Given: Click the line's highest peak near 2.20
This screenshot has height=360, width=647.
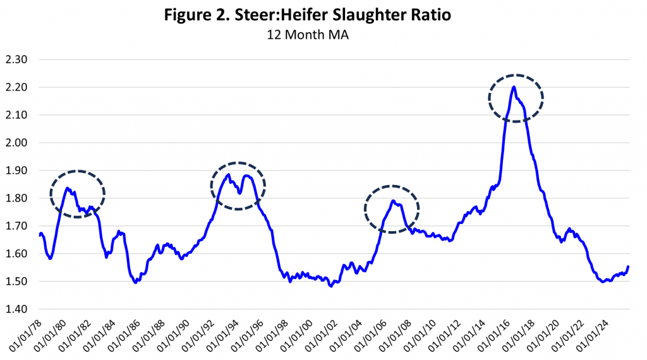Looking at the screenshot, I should click(514, 87).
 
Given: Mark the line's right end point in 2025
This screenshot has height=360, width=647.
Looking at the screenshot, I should click(628, 267).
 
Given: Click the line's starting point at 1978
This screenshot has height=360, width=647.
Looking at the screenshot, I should click(39, 235).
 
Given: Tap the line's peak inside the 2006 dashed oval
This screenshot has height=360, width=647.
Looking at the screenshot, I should click(392, 201).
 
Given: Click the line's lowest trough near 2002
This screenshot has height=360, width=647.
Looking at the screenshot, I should click(330, 286).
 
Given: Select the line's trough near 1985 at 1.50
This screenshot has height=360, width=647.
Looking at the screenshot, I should click(136, 282).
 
